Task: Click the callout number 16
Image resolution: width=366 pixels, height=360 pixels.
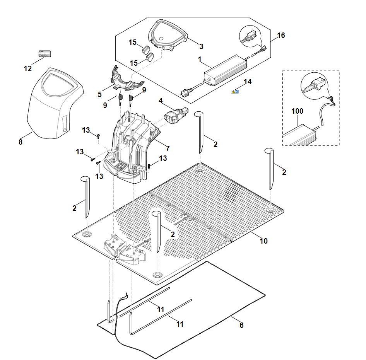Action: click(x=281, y=36)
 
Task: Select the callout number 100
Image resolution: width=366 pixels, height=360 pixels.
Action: click(x=297, y=111)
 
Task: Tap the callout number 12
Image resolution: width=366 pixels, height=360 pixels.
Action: click(x=27, y=69)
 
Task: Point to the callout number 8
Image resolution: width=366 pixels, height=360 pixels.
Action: click(x=21, y=142)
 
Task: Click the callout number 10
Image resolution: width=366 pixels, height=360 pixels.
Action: click(x=263, y=241)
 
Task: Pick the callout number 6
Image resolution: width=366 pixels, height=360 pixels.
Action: click(x=241, y=326)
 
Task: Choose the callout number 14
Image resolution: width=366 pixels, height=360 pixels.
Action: click(x=248, y=82)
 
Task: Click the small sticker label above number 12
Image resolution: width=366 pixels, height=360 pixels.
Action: click(x=45, y=53)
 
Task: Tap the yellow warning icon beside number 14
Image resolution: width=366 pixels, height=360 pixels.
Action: click(x=233, y=92)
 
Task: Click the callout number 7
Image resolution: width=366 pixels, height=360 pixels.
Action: click(x=168, y=148)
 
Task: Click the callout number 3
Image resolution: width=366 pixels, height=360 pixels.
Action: click(x=201, y=46)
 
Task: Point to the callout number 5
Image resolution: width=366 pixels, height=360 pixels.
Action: click(x=99, y=94)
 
